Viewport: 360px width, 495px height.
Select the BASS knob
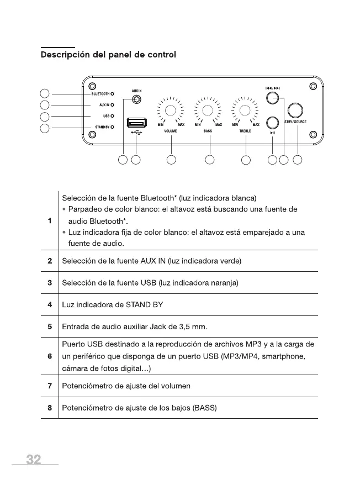click(x=208, y=109)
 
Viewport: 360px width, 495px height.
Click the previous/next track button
click(x=272, y=98)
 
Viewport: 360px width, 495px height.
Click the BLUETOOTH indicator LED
click(x=112, y=93)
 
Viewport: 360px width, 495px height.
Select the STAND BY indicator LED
click(x=112, y=127)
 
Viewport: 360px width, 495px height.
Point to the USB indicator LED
click(x=112, y=116)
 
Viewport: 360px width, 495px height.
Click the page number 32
click(x=34, y=460)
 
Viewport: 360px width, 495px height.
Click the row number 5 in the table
click(x=50, y=326)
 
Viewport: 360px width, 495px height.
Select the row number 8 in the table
click(x=50, y=408)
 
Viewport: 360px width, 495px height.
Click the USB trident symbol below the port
click(x=136, y=133)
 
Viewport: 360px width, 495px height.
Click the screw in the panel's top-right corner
click(x=313, y=85)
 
